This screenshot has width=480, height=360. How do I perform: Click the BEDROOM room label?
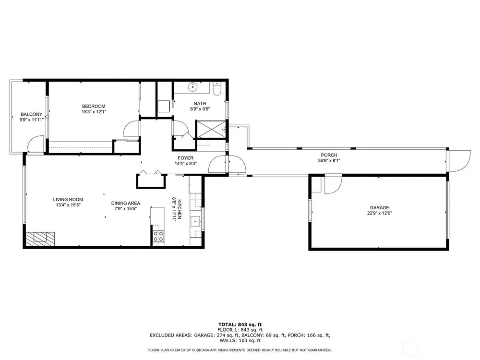94,106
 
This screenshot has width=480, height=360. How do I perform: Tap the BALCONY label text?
32,115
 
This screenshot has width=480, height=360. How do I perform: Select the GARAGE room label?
379,207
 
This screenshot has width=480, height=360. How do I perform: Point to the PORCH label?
329,155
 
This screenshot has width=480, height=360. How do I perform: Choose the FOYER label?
185,158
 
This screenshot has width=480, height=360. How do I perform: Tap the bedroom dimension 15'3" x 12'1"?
94,112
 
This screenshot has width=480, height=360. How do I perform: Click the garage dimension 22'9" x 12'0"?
380,213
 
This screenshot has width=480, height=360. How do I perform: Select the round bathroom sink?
192,86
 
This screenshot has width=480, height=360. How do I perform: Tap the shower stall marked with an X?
211,130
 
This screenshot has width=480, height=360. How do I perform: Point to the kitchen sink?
196,221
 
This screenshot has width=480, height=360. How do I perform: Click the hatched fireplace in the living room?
40,239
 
